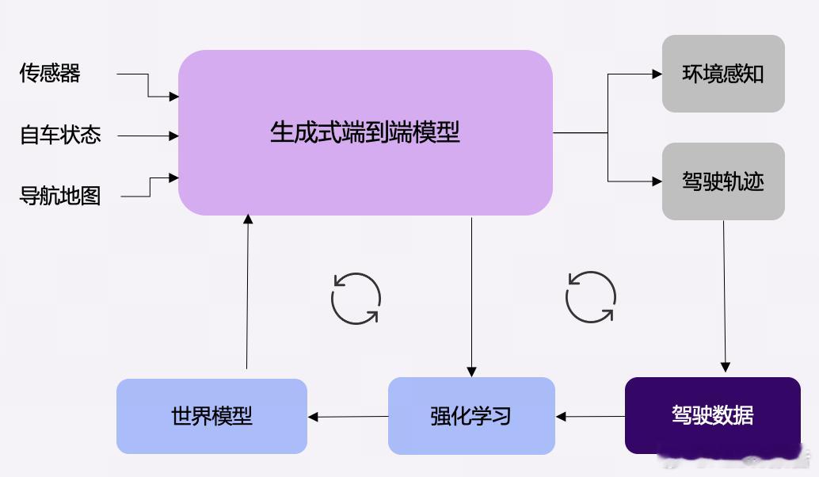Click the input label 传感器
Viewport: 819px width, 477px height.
[50, 74]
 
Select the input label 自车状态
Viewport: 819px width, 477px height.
[60, 135]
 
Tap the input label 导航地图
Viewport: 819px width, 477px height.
[60, 195]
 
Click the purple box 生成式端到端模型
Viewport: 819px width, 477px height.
[365, 132]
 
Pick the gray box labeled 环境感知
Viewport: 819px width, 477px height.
[723, 74]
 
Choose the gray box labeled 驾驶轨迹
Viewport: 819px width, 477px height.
[723, 181]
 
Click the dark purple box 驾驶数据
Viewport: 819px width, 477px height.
[712, 415]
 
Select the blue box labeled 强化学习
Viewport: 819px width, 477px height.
[471, 415]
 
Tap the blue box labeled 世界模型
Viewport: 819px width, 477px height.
[211, 415]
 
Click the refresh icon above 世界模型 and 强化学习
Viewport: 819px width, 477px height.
[356, 299]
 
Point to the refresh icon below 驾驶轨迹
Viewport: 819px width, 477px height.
[590, 298]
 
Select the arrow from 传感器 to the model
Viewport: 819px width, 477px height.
[148, 86]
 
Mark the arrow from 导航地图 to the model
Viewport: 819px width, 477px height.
[150, 187]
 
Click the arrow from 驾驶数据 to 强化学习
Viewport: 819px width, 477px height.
[590, 416]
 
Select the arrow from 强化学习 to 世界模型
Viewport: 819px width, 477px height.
[348, 416]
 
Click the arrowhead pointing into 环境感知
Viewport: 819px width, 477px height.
[657, 74]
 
